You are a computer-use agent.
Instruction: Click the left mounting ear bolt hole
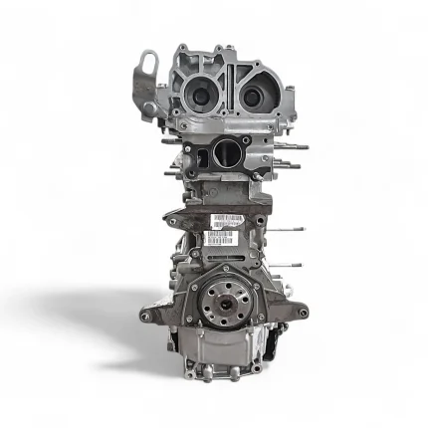tap(146, 317)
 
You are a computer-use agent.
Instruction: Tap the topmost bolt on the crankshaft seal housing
tap(225, 269)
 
